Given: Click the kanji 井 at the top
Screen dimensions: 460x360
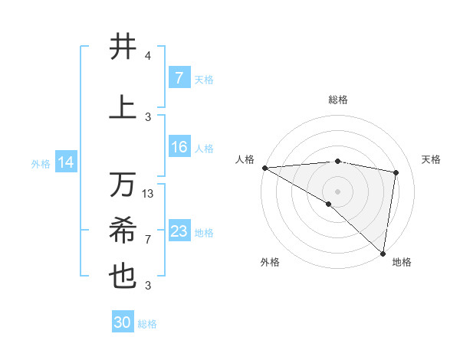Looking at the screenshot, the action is click(x=123, y=47).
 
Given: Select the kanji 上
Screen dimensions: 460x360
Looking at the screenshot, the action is click(x=123, y=108).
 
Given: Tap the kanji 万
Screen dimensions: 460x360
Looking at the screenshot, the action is click(x=123, y=185).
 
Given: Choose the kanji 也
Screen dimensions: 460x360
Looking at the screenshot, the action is click(x=123, y=277).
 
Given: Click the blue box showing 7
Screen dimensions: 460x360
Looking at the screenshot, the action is click(x=179, y=78).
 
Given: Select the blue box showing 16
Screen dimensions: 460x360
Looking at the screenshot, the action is click(x=179, y=147).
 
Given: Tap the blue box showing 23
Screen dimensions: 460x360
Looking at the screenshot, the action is click(x=179, y=231).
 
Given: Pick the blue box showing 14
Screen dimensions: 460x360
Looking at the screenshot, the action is click(x=66, y=162).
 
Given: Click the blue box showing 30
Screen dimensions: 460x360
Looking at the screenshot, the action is click(x=123, y=322).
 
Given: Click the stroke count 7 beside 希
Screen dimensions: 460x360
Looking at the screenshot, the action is click(x=148, y=239).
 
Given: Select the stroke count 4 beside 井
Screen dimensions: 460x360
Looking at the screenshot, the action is click(x=148, y=56).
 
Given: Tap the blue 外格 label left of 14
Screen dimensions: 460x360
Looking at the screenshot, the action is click(x=41, y=163).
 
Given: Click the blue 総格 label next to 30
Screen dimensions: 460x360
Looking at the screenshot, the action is click(x=147, y=323).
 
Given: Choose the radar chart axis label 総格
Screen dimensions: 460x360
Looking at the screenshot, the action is click(x=337, y=100).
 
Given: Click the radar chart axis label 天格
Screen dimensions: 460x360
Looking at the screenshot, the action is click(x=432, y=159).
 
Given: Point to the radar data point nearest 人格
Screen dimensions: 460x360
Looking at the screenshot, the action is click(x=264, y=167).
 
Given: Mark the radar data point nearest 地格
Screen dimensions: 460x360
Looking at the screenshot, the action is click(x=383, y=253).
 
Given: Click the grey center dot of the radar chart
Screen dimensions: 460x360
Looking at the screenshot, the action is click(x=337, y=190).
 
